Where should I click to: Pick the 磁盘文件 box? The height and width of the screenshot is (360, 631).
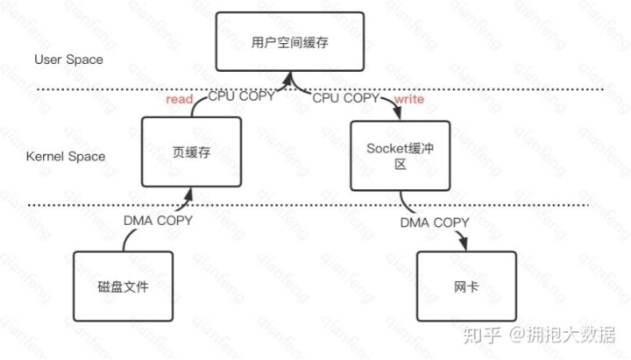click(117, 286)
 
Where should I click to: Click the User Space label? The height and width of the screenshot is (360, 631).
click(68, 60)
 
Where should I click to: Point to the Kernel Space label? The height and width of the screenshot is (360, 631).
click(66, 156)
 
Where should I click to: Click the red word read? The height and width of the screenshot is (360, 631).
click(179, 101)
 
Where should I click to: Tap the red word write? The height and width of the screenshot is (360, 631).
click(408, 101)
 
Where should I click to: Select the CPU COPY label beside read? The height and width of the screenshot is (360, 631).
click(241, 97)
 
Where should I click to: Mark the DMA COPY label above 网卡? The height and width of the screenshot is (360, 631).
click(436, 222)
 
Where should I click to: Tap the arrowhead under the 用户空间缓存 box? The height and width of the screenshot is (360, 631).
click(288, 81)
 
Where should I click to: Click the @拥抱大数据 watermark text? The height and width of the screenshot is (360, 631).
click(562, 335)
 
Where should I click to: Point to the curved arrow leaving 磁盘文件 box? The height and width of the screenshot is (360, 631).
click(125, 240)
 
